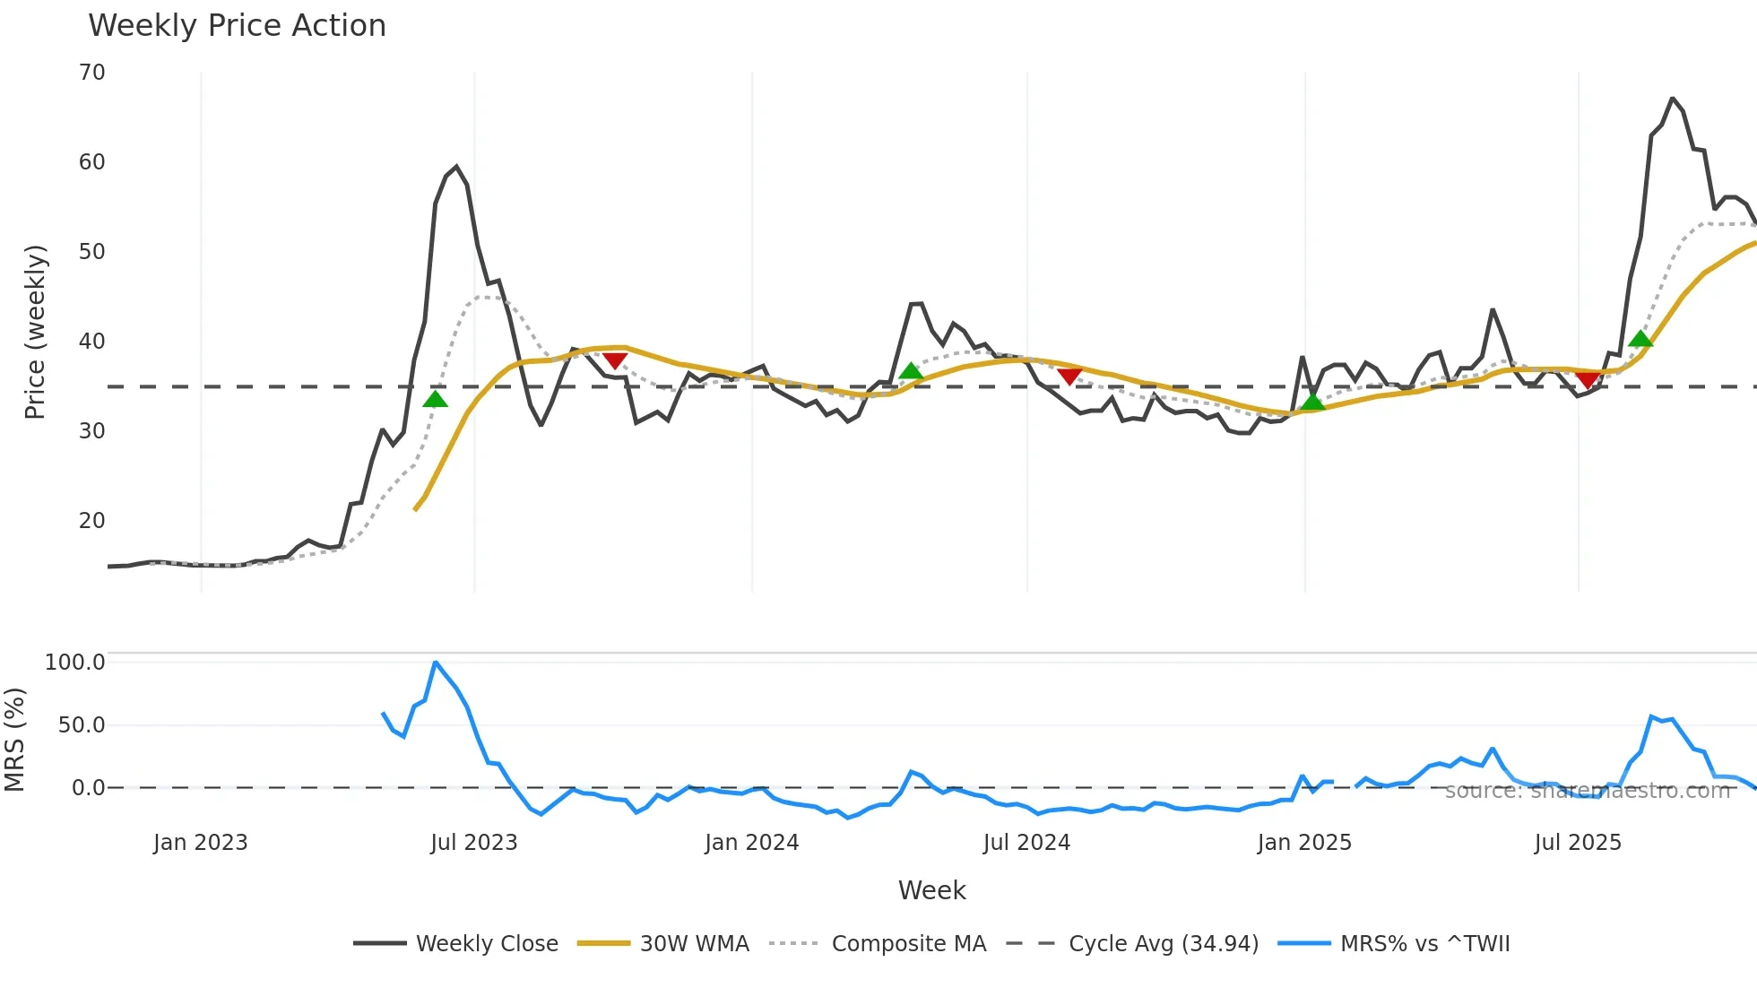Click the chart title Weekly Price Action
(x=237, y=26)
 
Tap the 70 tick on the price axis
(x=91, y=73)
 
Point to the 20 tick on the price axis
(x=91, y=521)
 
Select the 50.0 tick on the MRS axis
(x=81, y=725)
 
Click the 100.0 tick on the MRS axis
(x=74, y=663)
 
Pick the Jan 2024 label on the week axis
(x=751, y=843)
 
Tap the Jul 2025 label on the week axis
(x=1578, y=843)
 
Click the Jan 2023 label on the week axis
(x=200, y=843)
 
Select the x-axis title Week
(x=931, y=890)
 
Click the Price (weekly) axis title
(x=35, y=332)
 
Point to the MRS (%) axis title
(x=14, y=740)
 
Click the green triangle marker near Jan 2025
(x=1312, y=402)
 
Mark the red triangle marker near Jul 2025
(x=1588, y=380)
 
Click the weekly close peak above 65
(x=1673, y=99)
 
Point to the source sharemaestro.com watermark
(x=1587, y=791)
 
